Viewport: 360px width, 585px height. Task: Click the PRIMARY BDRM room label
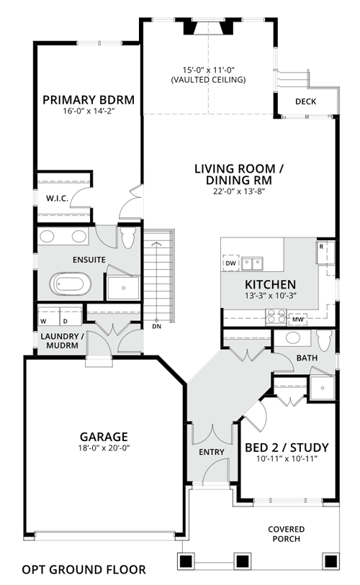tap(89, 100)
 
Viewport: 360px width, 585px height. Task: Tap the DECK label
tap(305, 101)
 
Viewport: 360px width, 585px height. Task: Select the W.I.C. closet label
tap(57, 199)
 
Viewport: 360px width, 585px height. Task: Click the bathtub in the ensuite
tap(71, 284)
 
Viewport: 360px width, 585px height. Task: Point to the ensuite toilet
tap(127, 237)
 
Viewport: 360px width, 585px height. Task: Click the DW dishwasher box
tap(231, 263)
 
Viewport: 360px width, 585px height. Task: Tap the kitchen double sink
tap(252, 263)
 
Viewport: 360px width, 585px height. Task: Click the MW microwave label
tap(297, 319)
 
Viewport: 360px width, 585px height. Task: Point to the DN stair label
tap(157, 327)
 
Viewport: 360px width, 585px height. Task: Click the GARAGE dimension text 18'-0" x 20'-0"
tap(104, 448)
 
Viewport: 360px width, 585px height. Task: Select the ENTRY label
tap(212, 452)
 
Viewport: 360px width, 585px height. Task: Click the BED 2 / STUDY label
tap(287, 448)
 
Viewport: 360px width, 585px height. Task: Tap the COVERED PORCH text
tap(287, 534)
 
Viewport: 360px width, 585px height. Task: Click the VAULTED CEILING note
tap(208, 79)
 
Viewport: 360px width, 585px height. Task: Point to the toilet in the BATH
tap(324, 340)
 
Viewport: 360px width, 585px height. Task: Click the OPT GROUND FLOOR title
tap(84, 570)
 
